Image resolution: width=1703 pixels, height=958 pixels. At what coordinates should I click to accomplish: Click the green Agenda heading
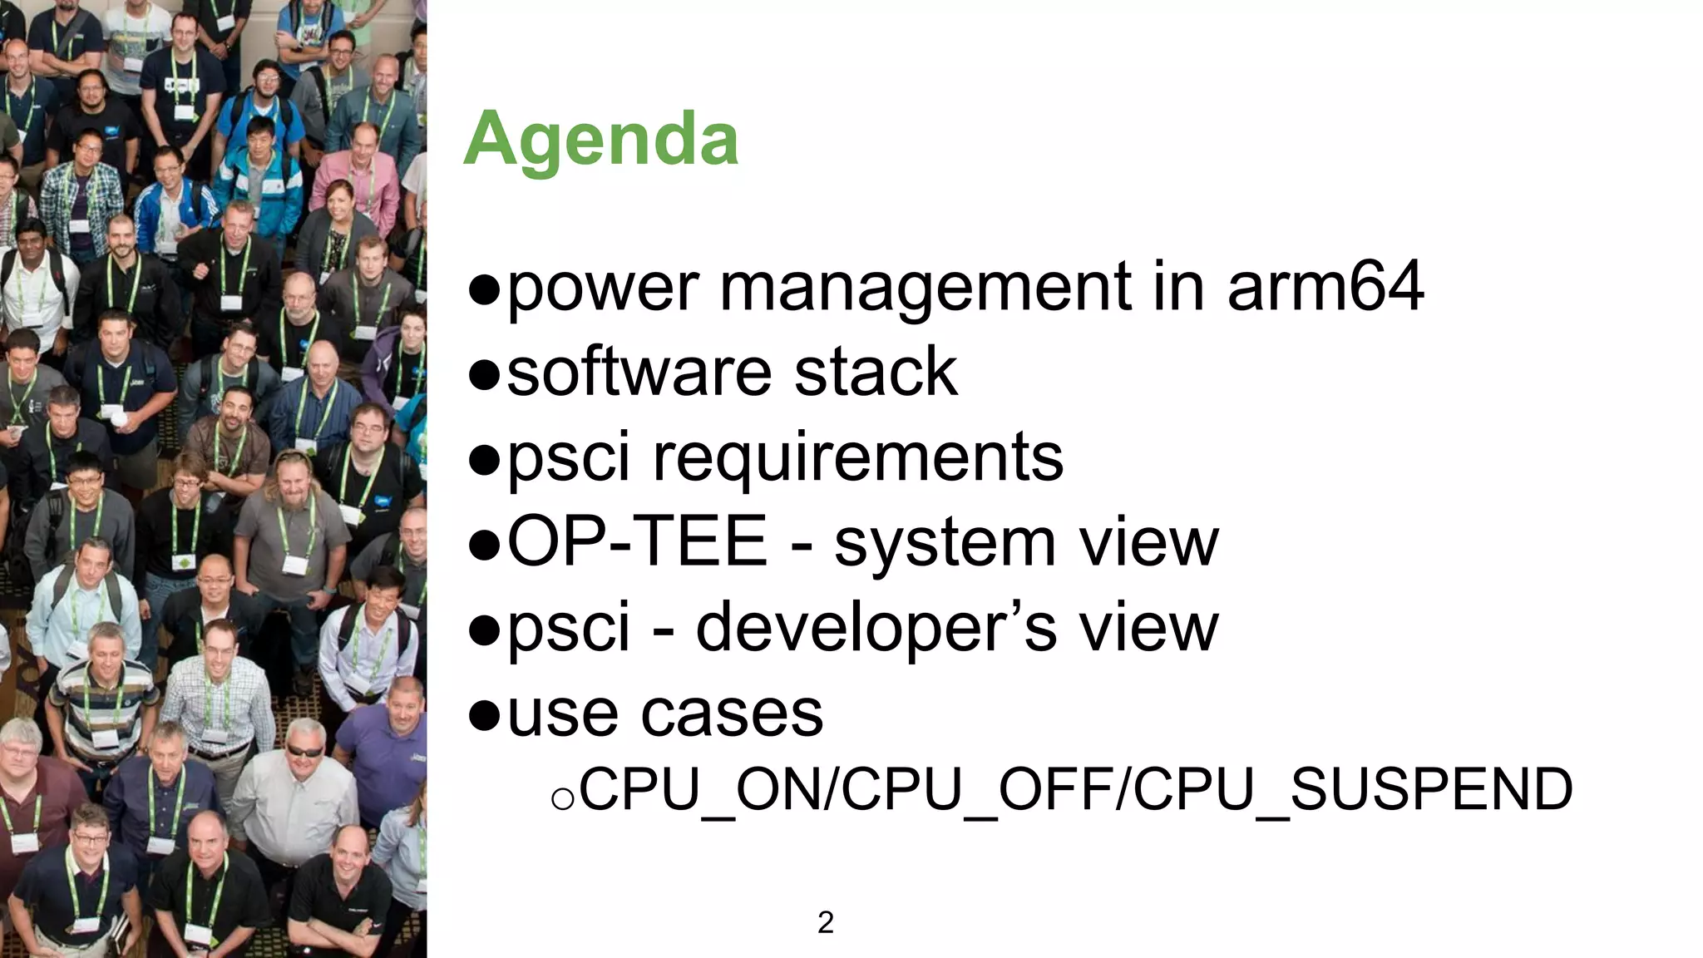pyautogui.click(x=600, y=140)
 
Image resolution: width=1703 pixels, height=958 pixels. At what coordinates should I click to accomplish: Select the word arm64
pyautogui.click(x=1325, y=286)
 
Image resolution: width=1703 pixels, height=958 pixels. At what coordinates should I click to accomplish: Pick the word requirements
pyautogui.click(x=857, y=457)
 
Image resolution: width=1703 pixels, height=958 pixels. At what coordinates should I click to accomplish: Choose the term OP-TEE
pyautogui.click(x=637, y=541)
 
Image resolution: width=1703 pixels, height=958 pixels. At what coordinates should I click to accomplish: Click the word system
pyautogui.click(x=945, y=543)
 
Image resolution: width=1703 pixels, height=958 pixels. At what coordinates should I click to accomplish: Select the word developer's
pyautogui.click(x=876, y=628)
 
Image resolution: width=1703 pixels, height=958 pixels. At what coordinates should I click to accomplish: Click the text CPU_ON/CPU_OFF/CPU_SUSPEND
pyautogui.click(x=1075, y=789)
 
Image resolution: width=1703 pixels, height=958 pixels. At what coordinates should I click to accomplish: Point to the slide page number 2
pyautogui.click(x=826, y=922)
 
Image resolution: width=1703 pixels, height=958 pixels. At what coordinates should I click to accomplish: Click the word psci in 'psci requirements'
pyautogui.click(x=568, y=457)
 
